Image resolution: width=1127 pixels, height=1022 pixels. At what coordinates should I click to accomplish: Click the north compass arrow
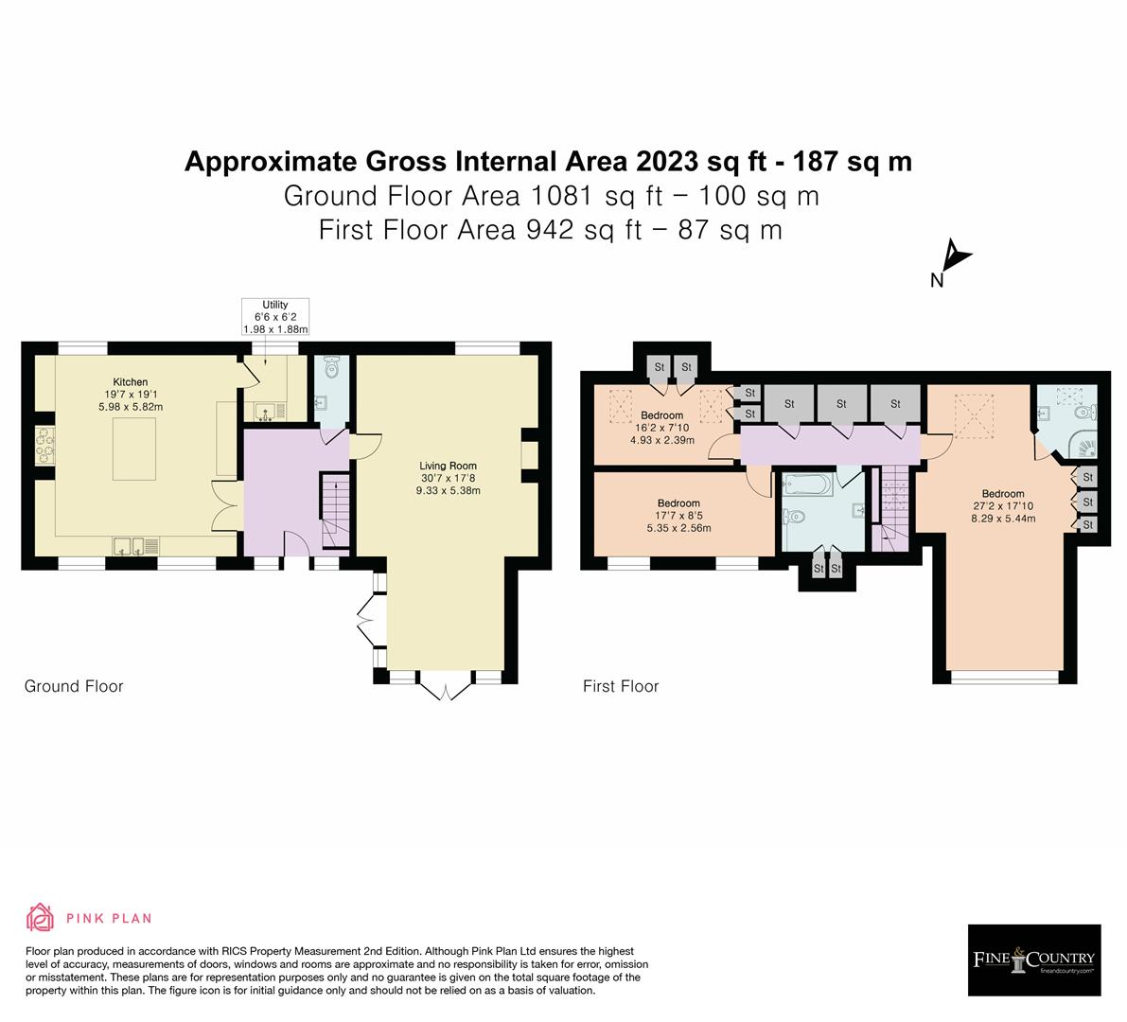click(957, 257)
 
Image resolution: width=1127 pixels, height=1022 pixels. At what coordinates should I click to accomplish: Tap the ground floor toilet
click(330, 368)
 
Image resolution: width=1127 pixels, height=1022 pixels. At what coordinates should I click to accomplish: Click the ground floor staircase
click(335, 511)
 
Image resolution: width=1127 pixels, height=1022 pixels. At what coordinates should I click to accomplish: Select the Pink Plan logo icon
click(41, 917)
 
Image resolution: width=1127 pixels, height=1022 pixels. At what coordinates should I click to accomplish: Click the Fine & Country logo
click(1034, 960)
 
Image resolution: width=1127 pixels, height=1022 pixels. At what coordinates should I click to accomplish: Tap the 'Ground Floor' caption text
click(74, 686)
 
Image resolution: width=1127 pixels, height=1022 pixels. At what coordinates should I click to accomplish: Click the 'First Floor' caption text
click(621, 686)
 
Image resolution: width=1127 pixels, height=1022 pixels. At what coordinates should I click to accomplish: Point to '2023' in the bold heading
click(660, 162)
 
